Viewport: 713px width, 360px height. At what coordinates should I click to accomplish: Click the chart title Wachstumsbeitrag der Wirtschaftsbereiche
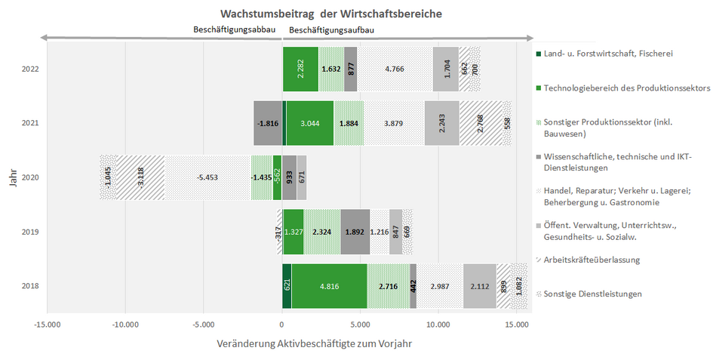(x=331, y=14)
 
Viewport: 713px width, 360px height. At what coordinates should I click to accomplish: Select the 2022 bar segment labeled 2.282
(x=300, y=69)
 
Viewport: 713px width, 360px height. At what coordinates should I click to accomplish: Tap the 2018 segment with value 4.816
(x=329, y=286)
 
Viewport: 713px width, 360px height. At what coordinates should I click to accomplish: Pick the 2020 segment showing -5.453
(x=207, y=177)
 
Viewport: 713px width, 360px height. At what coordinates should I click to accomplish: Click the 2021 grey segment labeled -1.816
(x=268, y=123)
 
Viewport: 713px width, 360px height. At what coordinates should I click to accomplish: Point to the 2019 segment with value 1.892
(x=355, y=232)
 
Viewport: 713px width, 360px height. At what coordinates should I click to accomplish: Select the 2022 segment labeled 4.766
(x=395, y=69)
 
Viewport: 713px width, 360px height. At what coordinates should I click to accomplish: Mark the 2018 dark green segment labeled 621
(x=287, y=286)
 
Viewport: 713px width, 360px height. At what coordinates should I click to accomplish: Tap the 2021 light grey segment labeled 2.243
(x=442, y=123)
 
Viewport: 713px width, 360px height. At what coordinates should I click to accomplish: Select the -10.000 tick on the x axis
(x=125, y=325)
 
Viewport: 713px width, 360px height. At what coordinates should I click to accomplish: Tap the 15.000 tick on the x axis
(x=516, y=325)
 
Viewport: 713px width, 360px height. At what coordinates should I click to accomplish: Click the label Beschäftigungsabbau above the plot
(x=235, y=29)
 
